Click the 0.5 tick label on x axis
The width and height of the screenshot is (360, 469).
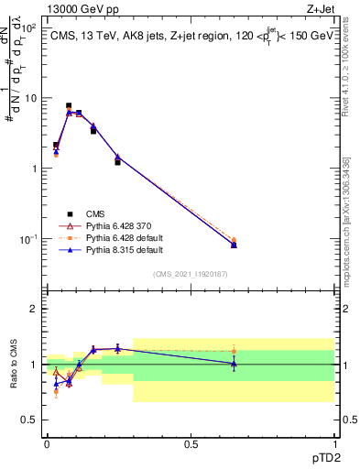[x=190, y=442]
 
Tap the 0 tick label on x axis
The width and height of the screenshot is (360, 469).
[x=46, y=442]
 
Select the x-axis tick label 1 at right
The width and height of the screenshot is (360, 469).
[x=333, y=442]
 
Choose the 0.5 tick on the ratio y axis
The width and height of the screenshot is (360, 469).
[x=31, y=420]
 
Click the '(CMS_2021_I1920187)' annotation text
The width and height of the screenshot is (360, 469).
[x=190, y=273]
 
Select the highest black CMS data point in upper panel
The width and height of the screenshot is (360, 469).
[x=69, y=106]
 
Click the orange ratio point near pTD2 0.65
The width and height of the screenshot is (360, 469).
[x=234, y=350]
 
